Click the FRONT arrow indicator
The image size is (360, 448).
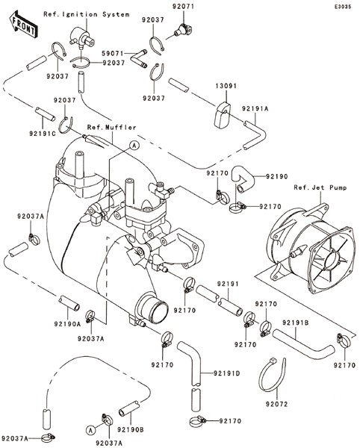pyautogui.click(x=23, y=25)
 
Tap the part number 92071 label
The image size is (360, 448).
pyautogui.click(x=183, y=6)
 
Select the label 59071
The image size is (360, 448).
pyautogui.click(x=113, y=54)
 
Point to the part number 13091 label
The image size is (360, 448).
pyautogui.click(x=226, y=86)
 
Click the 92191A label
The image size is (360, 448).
pyautogui.click(x=255, y=108)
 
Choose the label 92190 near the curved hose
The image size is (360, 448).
pyautogui.click(x=277, y=176)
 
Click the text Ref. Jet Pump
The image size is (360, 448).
pyautogui.click(x=320, y=187)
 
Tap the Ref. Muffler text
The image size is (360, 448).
pyautogui.click(x=112, y=127)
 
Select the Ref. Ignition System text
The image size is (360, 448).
pyautogui.click(x=87, y=14)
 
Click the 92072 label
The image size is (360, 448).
pyautogui.click(x=277, y=404)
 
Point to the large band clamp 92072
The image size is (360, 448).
pyautogui.click(x=272, y=374)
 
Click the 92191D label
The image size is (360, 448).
pyautogui.click(x=227, y=373)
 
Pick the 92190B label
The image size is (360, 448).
pyautogui.click(x=130, y=429)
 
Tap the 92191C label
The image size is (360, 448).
pyautogui.click(x=43, y=133)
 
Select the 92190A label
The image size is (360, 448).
pyautogui.click(x=67, y=324)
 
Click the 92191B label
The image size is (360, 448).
pyautogui.click(x=296, y=323)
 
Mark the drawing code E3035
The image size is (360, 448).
pyautogui.click(x=343, y=7)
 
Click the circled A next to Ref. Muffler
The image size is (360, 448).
pyautogui.click(x=134, y=146)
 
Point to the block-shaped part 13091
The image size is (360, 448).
pyautogui.click(x=222, y=115)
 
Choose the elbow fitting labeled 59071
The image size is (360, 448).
pyautogui.click(x=139, y=58)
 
